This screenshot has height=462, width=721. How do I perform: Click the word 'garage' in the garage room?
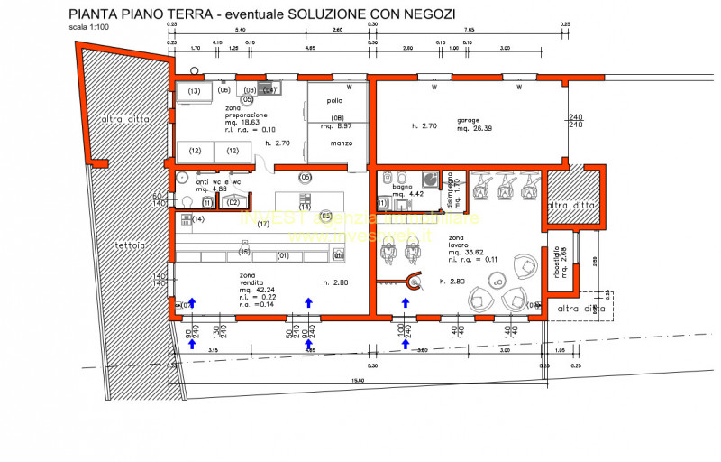468,119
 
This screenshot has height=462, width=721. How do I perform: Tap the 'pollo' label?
323,100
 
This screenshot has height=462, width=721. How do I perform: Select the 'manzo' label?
339,143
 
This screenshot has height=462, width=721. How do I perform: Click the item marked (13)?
193,91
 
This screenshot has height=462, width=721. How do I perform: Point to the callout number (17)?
263,225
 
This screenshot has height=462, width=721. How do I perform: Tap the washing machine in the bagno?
430,180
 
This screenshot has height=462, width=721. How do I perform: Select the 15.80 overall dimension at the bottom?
360,381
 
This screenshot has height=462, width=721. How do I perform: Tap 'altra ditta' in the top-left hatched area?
124,119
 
